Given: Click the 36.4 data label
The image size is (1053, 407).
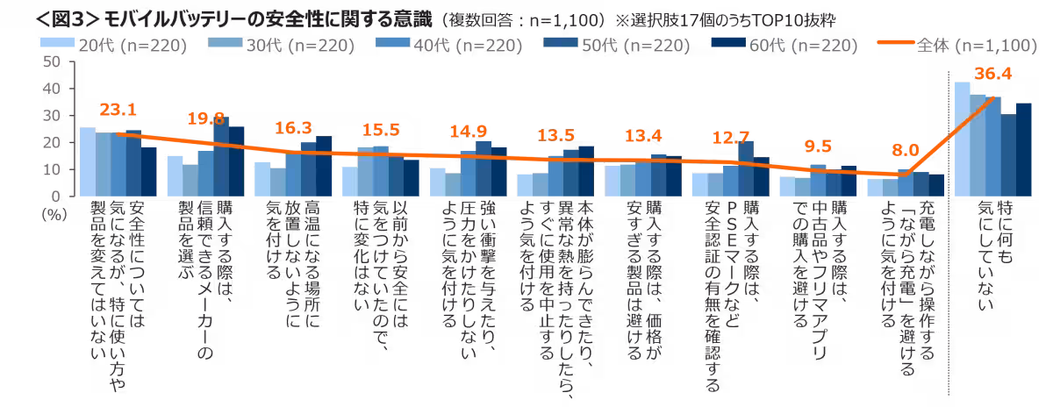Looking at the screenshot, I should coord(995,75).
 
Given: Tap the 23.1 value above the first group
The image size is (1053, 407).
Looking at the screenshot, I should coord(118,111).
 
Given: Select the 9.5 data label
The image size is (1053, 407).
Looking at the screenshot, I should coord(818,146).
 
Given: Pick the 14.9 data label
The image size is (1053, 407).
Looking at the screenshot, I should coord(469,132).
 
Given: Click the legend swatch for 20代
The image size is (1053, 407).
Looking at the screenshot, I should coord(60,44).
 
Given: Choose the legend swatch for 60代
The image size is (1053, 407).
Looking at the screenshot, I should coord(728,44).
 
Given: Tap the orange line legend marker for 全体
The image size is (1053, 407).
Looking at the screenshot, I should coord(895,44).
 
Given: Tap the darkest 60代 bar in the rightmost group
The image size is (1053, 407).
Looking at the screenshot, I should coord(1023,149).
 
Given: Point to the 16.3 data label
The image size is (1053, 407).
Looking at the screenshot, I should coord(293,127).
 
